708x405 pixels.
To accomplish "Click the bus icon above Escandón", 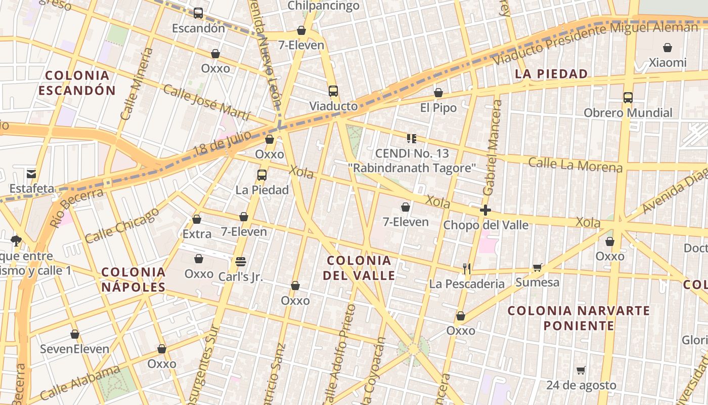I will (x=198, y=13).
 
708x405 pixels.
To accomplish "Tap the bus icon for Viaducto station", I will (x=333, y=91).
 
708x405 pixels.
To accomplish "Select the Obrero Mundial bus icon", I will (x=628, y=98).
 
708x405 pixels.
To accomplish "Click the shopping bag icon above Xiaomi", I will (x=668, y=48).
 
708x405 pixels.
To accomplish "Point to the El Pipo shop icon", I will (x=438, y=93).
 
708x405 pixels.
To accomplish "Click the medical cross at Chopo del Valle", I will (x=485, y=210).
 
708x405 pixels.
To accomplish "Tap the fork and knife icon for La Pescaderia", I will (x=467, y=269).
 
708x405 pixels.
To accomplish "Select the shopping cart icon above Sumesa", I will (x=537, y=267).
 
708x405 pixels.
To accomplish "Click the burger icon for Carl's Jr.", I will (x=241, y=262).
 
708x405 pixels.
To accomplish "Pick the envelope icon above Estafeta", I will (x=31, y=174).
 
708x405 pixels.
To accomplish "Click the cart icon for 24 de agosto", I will (x=581, y=371).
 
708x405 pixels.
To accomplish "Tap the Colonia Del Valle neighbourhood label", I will (x=359, y=268).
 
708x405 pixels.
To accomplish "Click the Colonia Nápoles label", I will (x=134, y=279).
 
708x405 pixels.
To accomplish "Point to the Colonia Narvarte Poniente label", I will (x=579, y=317).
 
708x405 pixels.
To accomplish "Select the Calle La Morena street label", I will (x=575, y=165).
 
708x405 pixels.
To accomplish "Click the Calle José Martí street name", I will (x=206, y=103).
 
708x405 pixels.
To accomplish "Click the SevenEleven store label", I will (x=74, y=349).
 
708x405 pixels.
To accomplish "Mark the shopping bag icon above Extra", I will (x=197, y=219).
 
